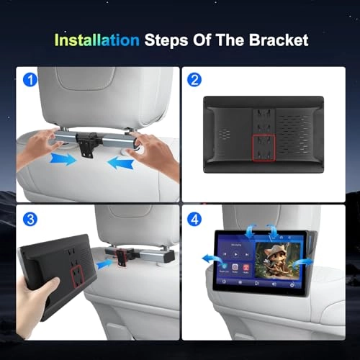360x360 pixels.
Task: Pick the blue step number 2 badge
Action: click(x=194, y=79)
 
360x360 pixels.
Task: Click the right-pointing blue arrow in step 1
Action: click(x=63, y=158)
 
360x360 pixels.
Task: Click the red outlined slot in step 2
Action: click(x=262, y=148)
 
